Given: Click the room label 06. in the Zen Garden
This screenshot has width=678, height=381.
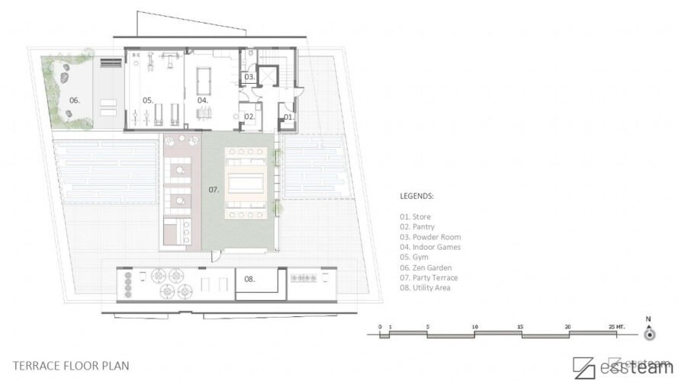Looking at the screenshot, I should pyautogui.click(x=75, y=100).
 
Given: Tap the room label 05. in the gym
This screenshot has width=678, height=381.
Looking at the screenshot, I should pyautogui.click(x=148, y=100).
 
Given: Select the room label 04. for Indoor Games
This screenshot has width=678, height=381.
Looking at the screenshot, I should pyautogui.click(x=202, y=100).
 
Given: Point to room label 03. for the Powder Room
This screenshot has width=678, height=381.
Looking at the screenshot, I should pyautogui.click(x=249, y=77).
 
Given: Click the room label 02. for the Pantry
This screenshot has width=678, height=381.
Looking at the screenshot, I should pyautogui.click(x=249, y=117).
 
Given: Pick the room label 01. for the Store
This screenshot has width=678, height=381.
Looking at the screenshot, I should pyautogui.click(x=288, y=117).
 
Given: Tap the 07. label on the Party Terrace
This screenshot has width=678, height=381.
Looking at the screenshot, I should pyautogui.click(x=214, y=187).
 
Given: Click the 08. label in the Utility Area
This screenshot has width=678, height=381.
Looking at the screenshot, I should pyautogui.click(x=250, y=279).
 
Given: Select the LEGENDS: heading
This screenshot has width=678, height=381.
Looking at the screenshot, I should pyautogui.click(x=416, y=195).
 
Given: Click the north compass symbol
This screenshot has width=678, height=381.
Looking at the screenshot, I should pyautogui.click(x=649, y=334).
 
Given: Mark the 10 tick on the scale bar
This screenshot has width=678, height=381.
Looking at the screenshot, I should pyautogui.click(x=475, y=326).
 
